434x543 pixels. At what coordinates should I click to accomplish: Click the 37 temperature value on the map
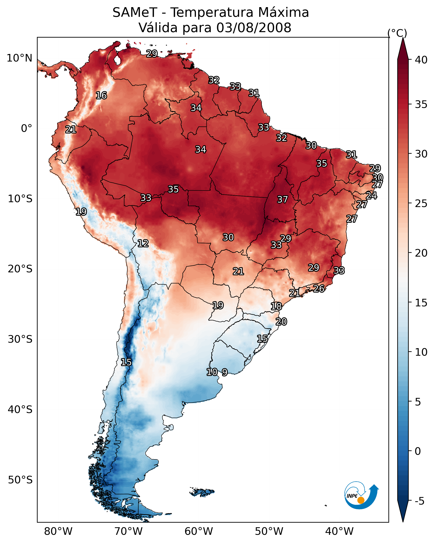tap(282, 200)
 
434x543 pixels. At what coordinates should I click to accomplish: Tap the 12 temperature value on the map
tap(143, 244)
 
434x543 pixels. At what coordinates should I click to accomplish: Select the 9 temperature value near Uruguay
tap(225, 372)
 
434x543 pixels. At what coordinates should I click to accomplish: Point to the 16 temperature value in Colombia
tap(101, 96)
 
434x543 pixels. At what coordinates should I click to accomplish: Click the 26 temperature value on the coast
tap(319, 289)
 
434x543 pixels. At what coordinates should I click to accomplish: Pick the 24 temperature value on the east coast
tap(371, 196)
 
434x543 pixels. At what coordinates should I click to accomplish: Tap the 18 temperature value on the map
tap(276, 307)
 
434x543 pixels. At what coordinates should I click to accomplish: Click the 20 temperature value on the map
tap(281, 322)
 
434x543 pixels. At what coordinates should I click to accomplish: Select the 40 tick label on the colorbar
tap(421, 60)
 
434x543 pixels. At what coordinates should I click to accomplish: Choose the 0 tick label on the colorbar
tap(418, 451)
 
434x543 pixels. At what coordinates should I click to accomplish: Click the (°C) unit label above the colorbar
tap(397, 33)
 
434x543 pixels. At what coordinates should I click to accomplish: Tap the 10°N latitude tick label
tap(19, 58)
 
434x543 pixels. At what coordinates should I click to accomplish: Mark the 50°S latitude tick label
tap(20, 480)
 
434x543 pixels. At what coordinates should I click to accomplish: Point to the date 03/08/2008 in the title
tap(254, 28)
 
